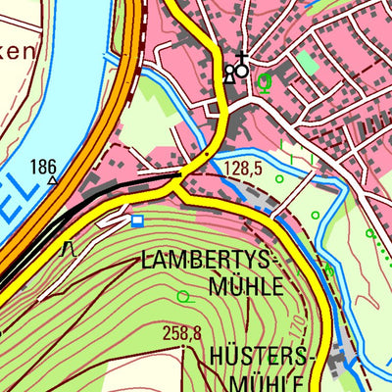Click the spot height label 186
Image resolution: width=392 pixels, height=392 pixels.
click(43, 166)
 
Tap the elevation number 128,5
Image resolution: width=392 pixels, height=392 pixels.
click(243, 169)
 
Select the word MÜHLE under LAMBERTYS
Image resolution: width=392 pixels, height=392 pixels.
click(245, 286)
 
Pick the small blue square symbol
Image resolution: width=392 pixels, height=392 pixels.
click(136, 220)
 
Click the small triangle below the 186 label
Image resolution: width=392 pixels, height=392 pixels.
click(51, 180)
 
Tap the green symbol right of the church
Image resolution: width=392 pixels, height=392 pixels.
click(263, 81)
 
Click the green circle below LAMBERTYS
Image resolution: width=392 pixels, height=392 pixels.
click(183, 295)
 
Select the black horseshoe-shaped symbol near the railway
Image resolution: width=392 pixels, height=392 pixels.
click(69, 249)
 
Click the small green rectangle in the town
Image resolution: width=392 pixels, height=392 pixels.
click(307, 62)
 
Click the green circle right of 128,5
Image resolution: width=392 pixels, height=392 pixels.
click(279, 178)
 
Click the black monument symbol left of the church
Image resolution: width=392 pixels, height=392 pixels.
click(229, 73)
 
